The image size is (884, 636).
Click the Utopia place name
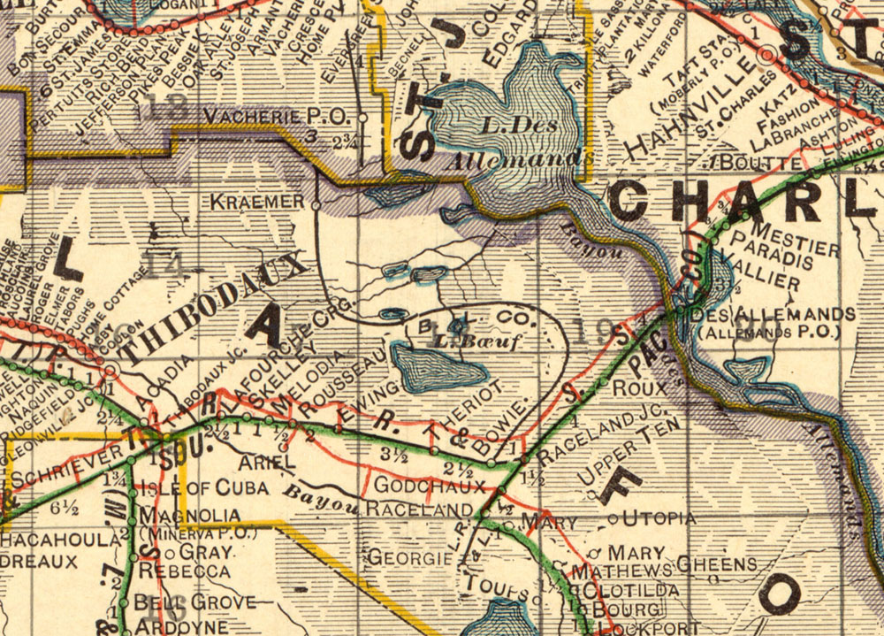[659, 517]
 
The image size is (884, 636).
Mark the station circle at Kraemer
[316, 205]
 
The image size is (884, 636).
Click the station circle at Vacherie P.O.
[362, 117]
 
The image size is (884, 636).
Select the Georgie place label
[409, 558]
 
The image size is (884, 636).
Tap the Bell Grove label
[183, 602]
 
